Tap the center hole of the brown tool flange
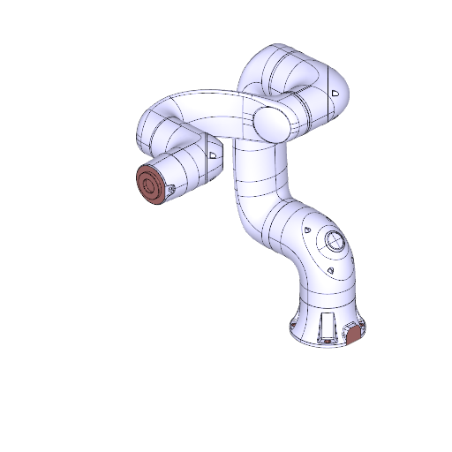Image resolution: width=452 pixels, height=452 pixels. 148,185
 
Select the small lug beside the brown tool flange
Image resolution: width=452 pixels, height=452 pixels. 172,188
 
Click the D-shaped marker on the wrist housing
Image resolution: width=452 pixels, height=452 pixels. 212,154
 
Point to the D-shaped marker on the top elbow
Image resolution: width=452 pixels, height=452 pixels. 335,92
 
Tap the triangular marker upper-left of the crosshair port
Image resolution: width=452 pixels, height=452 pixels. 306,230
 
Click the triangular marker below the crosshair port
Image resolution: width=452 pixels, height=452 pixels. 329,270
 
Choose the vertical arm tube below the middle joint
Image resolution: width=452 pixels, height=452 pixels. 252,185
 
